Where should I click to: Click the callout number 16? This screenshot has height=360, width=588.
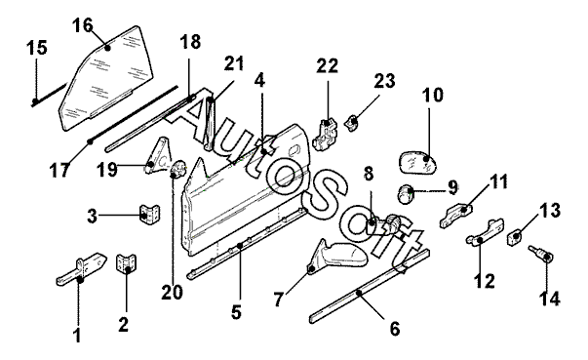pyautogui.click(x=83, y=25)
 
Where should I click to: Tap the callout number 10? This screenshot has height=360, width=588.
pyautogui.click(x=433, y=95)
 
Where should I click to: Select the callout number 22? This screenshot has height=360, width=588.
pyautogui.click(x=328, y=66)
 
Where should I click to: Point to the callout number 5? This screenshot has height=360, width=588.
pyautogui.click(x=236, y=311)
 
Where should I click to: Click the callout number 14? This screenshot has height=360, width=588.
pyautogui.click(x=550, y=299)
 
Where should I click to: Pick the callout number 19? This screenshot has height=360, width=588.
pyautogui.click(x=107, y=169)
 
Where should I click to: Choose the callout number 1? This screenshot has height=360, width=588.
pyautogui.click(x=77, y=335)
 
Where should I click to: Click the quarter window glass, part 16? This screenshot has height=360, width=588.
pyautogui.click(x=106, y=79)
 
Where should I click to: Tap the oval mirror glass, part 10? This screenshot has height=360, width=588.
pyautogui.click(x=418, y=162)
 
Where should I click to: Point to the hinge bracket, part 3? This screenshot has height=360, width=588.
pyautogui.click(x=149, y=215)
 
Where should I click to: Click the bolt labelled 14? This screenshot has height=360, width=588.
pyautogui.click(x=539, y=253)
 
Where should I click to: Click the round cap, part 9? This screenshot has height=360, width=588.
pyautogui.click(x=405, y=194)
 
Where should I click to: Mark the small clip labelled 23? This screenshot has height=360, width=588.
pyautogui.click(x=352, y=123)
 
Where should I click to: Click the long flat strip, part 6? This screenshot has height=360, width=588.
pyautogui.click(x=370, y=286)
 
